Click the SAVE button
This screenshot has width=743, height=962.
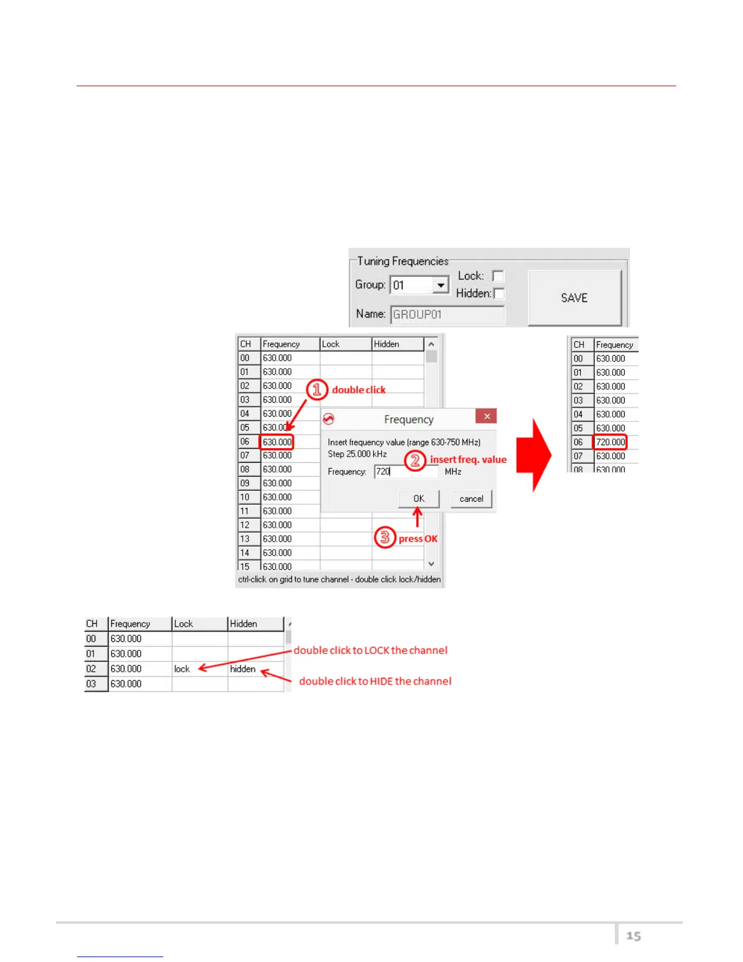point(574,298)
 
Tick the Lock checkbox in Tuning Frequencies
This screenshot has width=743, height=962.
point(498,276)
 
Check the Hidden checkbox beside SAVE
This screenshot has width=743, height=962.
point(499,294)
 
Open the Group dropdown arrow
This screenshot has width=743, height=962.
point(441,285)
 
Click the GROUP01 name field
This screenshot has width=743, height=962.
point(447,315)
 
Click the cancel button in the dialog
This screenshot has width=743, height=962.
point(471,499)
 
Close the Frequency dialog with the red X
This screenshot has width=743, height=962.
point(487,417)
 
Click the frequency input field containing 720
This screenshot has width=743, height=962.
point(405,471)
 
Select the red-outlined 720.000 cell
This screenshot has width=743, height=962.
point(609,442)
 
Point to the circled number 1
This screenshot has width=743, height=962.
point(317,389)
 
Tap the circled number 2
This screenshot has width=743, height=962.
point(415,460)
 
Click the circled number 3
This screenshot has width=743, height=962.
point(385,537)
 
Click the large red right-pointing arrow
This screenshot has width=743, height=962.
point(534,454)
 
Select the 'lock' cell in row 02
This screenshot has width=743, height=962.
point(182,669)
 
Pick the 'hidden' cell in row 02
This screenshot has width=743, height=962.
point(243,669)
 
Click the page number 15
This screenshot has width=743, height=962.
point(634,936)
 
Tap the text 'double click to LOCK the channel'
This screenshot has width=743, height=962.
point(370,650)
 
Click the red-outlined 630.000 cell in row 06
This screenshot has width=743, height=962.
point(277,442)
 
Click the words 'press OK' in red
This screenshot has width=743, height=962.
point(418,539)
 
